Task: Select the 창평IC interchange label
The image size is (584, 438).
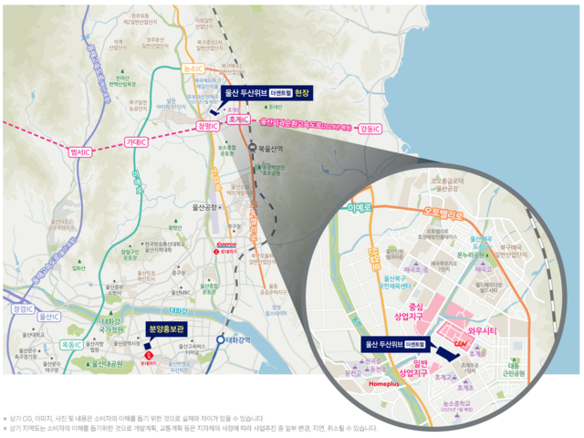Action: pyautogui.click(x=209, y=127)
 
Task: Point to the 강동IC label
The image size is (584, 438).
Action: pyautogui.click(x=370, y=128)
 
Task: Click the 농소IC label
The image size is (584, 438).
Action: pyautogui.click(x=193, y=69)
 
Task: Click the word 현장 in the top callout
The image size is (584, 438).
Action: pyautogui.click(x=303, y=92)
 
